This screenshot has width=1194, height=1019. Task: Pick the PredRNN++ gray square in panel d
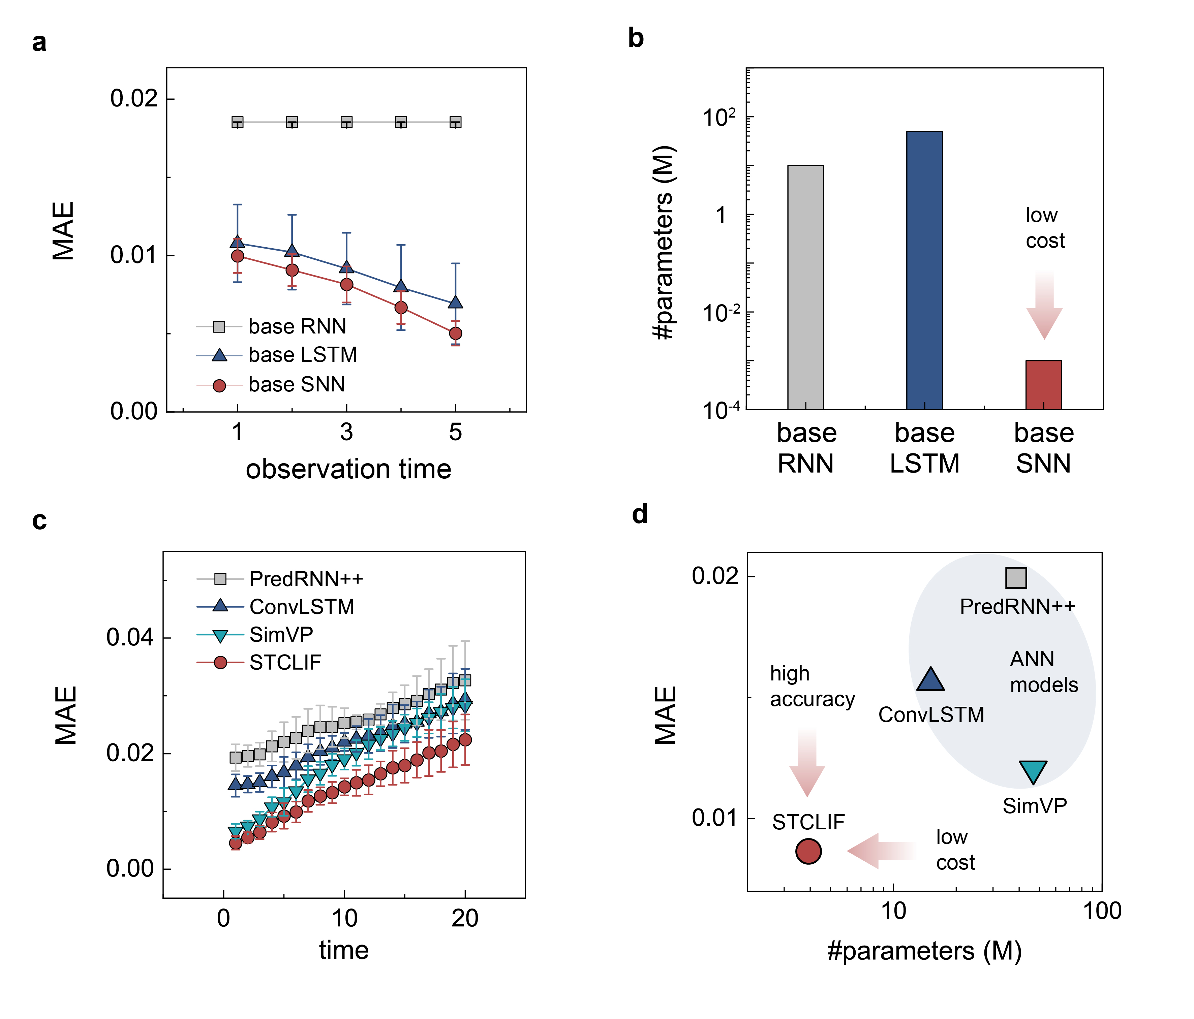pos(1016,577)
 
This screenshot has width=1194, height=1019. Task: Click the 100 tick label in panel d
pos(1102,911)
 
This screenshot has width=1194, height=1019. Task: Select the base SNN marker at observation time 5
pos(455,333)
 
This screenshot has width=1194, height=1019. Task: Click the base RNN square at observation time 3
pos(346,122)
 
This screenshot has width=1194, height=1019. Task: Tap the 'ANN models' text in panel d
pos(1043,672)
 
